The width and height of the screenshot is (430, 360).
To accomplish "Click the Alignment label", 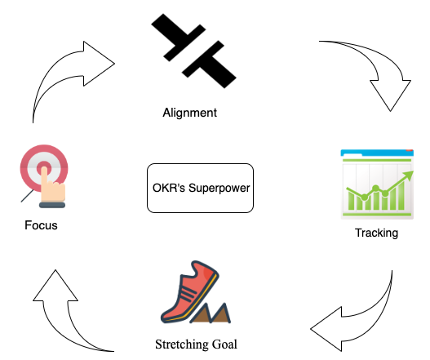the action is tap(190, 113).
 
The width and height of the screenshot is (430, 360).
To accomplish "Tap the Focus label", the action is tap(41, 225).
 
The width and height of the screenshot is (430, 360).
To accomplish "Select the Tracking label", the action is tap(376, 233).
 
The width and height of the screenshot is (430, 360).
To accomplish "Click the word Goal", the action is tap(224, 344).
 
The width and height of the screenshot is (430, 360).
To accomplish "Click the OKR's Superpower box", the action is tap(200, 188).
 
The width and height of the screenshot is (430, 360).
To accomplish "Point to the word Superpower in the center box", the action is tap(219, 189).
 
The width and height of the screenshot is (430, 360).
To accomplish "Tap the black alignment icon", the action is tap(193, 51).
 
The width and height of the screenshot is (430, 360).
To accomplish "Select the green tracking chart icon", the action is tap(377, 184).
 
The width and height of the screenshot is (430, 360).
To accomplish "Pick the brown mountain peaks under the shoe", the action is tap(211, 313).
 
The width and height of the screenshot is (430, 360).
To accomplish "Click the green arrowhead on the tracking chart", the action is tap(409, 175).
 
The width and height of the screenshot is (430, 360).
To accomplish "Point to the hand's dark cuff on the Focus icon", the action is tap(52, 205).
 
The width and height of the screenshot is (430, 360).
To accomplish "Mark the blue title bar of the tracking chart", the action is tap(377, 153).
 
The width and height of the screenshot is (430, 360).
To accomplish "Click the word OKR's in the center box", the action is tap(169, 188).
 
